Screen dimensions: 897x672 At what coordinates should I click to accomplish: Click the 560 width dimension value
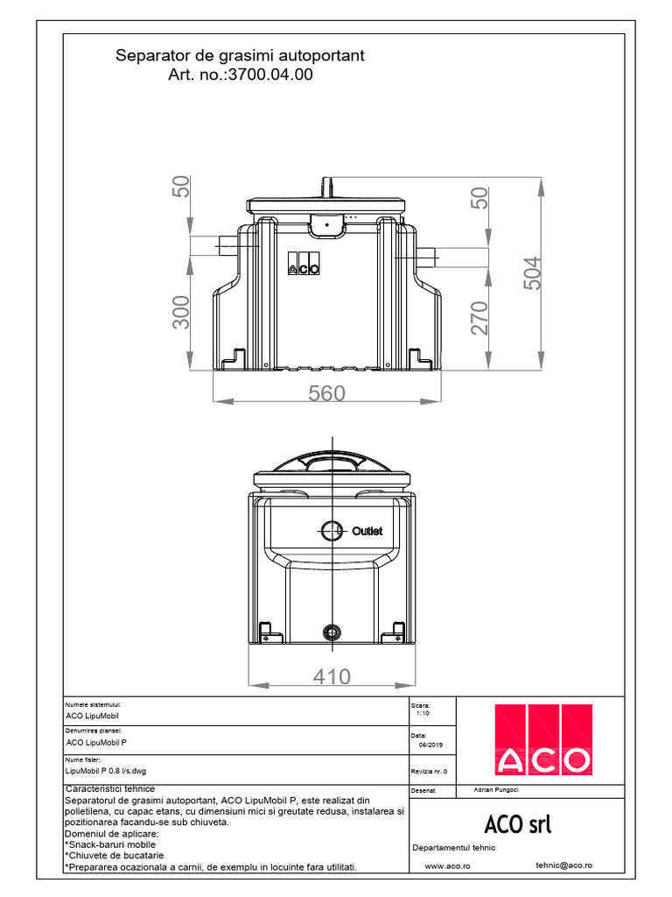click(326, 393)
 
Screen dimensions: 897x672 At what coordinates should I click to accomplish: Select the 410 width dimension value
click(331, 676)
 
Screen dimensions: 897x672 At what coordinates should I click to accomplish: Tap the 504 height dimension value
click(533, 273)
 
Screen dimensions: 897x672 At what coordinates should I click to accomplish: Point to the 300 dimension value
click(181, 312)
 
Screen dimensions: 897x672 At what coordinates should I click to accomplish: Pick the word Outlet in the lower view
click(367, 532)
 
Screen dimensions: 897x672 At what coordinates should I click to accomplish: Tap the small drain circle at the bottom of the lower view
click(331, 632)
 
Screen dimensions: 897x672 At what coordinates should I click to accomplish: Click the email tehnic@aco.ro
click(563, 865)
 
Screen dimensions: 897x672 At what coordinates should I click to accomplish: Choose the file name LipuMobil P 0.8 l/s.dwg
click(106, 770)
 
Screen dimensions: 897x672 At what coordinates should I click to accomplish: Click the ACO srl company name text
click(517, 824)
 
